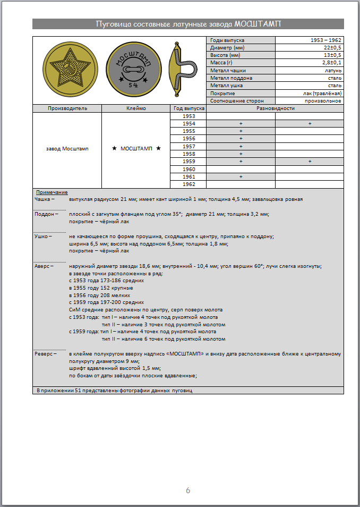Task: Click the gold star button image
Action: pos(67,70)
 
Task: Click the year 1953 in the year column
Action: pos(188,116)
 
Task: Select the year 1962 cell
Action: pos(188,184)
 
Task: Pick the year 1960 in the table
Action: pos(188,169)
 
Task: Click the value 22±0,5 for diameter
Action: pos(330,48)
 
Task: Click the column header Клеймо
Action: pos(136,108)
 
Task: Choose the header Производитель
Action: pos(67,108)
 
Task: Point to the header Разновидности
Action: pos(275,108)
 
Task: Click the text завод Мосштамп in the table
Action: pos(67,149)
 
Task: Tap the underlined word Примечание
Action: pos(52,192)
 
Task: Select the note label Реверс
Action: pos(45,353)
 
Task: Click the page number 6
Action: pos(188,490)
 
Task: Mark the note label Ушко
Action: pos(42,236)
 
